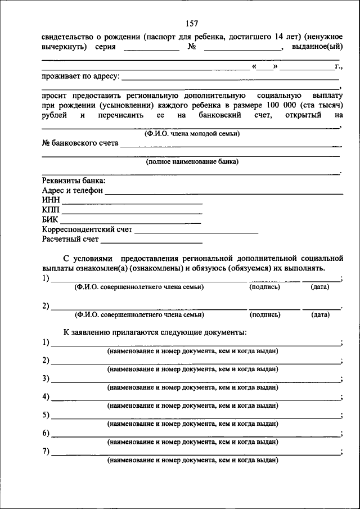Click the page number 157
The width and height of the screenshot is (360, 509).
click(191, 24)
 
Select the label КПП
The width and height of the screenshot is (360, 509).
click(50, 210)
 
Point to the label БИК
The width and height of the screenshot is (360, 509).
click(49, 220)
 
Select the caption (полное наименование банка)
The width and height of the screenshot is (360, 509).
click(192, 161)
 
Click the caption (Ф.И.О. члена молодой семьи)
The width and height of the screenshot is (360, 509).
click(192, 133)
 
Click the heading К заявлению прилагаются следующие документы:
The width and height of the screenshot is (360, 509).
click(155, 332)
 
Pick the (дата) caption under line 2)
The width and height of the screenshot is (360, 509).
click(319, 315)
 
